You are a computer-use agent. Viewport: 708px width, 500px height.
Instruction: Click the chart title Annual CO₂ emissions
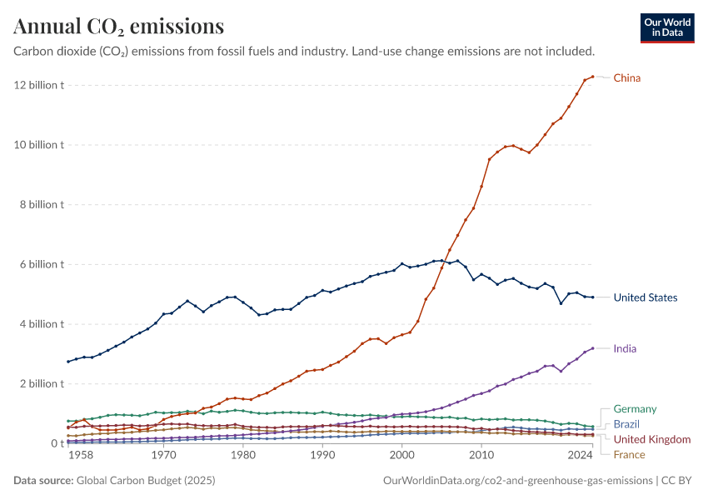click(x=118, y=27)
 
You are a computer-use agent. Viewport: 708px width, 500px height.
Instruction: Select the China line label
click(x=627, y=78)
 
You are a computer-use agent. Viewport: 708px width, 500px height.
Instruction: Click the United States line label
click(x=645, y=297)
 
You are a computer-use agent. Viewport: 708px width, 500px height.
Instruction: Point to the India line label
click(x=625, y=348)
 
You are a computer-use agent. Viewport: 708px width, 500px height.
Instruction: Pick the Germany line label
click(x=635, y=409)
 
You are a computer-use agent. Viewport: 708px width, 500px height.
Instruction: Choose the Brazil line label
click(x=627, y=424)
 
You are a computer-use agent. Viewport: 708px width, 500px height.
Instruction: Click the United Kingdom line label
click(x=652, y=439)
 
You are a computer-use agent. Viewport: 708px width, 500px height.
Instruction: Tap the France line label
click(x=629, y=454)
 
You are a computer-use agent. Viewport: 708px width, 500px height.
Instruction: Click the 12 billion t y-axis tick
click(x=37, y=85)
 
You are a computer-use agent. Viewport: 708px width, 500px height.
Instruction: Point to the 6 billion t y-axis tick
click(x=40, y=264)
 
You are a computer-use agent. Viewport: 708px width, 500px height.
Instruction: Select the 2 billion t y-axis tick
click(x=40, y=384)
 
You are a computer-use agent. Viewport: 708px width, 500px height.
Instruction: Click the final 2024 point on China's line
click(x=592, y=77)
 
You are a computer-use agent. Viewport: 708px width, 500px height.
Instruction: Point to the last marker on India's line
click(x=592, y=348)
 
